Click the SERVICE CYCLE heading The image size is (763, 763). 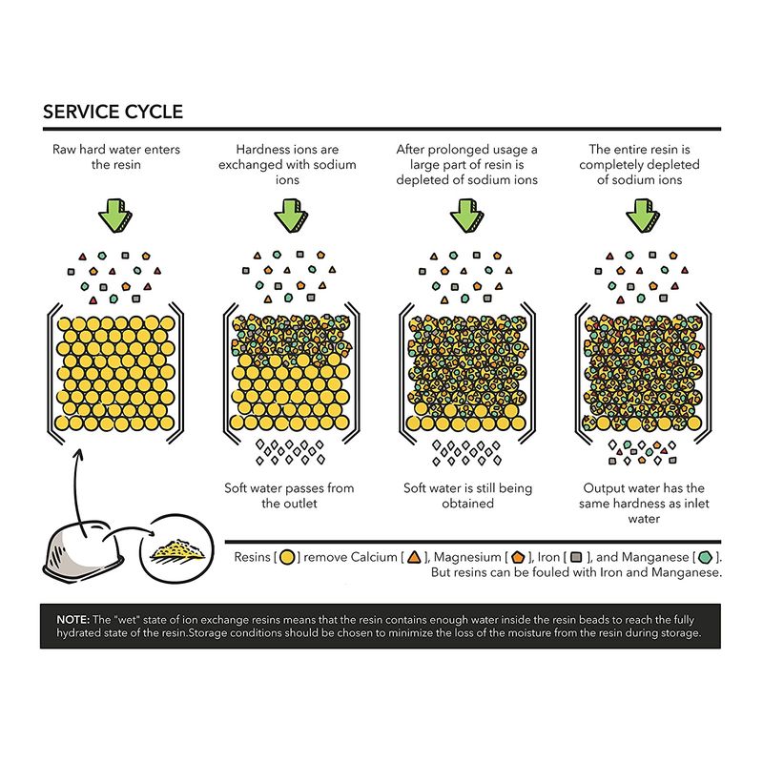click(113, 112)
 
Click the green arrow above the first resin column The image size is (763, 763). click(115, 216)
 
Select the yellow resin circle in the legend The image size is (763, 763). click(288, 557)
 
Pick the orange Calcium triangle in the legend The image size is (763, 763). click(414, 557)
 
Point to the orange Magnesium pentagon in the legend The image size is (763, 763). click(518, 557)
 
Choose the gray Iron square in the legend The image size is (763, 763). click(576, 557)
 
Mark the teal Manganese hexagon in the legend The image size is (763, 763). click(705, 557)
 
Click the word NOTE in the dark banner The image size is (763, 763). click(73, 619)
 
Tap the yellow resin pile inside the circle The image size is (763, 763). click(178, 550)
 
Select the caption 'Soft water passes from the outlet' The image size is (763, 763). click(289, 495)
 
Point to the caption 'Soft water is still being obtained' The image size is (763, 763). click(467, 495)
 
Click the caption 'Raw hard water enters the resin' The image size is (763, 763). click(116, 156)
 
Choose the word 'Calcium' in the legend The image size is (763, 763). click(374, 557)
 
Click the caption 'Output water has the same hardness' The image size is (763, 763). click(644, 495)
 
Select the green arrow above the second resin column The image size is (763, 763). click(291, 216)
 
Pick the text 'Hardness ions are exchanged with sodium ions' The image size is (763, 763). click(287, 164)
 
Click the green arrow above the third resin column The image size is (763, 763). click(466, 216)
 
